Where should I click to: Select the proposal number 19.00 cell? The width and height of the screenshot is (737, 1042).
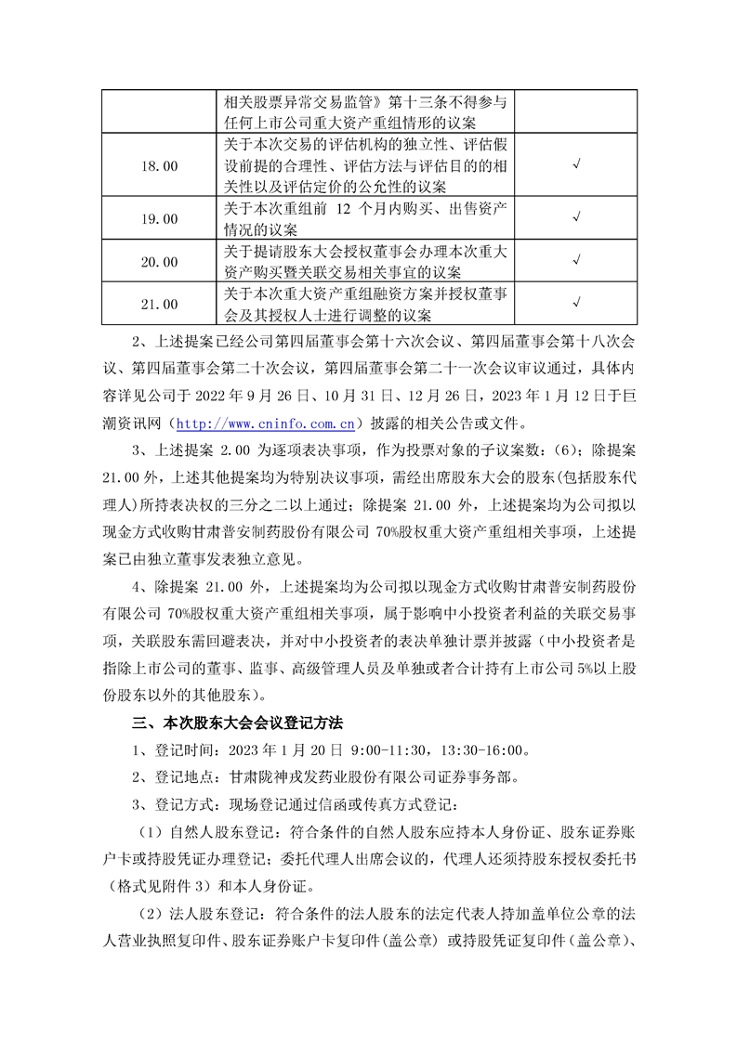point(158,219)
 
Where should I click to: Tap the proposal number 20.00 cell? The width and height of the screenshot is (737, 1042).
point(158,263)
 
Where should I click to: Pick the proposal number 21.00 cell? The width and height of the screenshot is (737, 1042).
point(158,304)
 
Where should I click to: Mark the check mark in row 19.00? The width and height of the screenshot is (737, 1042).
point(576,219)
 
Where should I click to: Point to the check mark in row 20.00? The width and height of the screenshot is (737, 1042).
point(576,263)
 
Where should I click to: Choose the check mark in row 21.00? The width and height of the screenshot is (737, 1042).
point(576,304)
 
